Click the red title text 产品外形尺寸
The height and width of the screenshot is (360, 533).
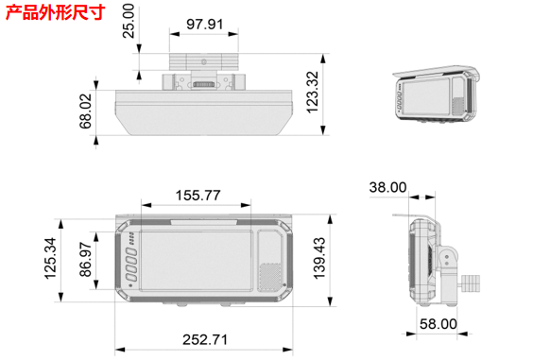tap(55, 12)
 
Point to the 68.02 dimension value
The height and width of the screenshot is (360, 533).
tap(86, 111)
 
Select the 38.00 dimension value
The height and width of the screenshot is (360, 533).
tap(387, 188)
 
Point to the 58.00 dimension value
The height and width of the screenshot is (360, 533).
tap(437, 324)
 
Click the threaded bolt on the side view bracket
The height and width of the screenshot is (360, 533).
tap(470, 279)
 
